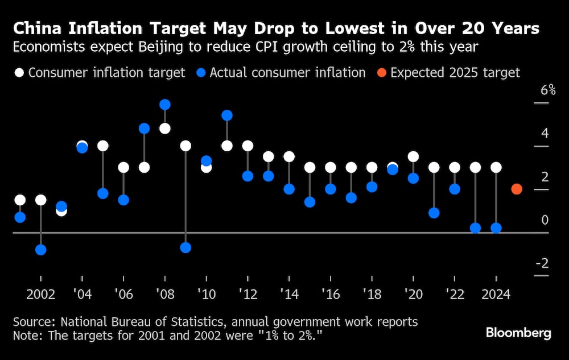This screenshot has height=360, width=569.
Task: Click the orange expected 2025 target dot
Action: [x=517, y=189]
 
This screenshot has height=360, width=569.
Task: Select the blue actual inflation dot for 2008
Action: [x=165, y=105]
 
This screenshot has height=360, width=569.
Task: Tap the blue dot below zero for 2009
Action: [x=185, y=248]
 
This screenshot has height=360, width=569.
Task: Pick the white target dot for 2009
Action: [x=185, y=146]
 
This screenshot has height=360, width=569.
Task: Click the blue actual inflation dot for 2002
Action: [x=41, y=250]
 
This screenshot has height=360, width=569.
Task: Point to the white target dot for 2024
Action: [x=496, y=167]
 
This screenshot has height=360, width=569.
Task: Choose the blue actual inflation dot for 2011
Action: [x=227, y=115]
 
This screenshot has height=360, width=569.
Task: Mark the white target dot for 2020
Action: [x=414, y=156]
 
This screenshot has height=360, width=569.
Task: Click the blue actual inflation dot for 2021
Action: [x=434, y=213]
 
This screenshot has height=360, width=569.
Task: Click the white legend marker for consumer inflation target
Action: [x=19, y=73]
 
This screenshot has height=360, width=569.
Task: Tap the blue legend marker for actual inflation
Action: [x=201, y=73]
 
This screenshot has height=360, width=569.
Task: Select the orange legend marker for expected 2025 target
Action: [x=382, y=73]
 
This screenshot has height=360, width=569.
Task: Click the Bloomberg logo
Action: [x=518, y=333]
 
